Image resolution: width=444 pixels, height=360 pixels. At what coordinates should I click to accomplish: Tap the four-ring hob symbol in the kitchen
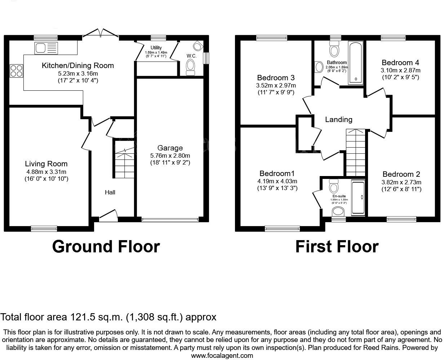coord(16,71)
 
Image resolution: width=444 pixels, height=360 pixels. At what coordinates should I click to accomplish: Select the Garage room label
coord(170,148)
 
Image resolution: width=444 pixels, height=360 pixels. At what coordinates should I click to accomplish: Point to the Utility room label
coord(156,48)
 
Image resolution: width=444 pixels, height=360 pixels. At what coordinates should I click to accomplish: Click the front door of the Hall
coord(108,215)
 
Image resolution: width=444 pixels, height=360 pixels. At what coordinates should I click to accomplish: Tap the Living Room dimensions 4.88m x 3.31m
coord(46,172)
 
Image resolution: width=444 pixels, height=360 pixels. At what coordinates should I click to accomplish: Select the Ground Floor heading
coord(106,247)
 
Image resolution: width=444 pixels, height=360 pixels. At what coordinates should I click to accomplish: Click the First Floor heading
coord(337,247)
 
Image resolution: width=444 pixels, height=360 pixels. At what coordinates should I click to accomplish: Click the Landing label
coord(339,120)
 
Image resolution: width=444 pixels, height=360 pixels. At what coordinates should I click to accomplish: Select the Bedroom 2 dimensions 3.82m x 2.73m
coord(402,182)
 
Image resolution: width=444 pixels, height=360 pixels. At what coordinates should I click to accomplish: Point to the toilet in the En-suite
coord(334,186)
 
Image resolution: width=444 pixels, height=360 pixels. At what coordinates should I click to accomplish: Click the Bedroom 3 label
coord(276,78)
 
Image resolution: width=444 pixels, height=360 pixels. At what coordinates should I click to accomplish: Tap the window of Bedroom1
coord(282,228)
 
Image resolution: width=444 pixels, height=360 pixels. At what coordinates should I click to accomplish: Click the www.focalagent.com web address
coord(222,356)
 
